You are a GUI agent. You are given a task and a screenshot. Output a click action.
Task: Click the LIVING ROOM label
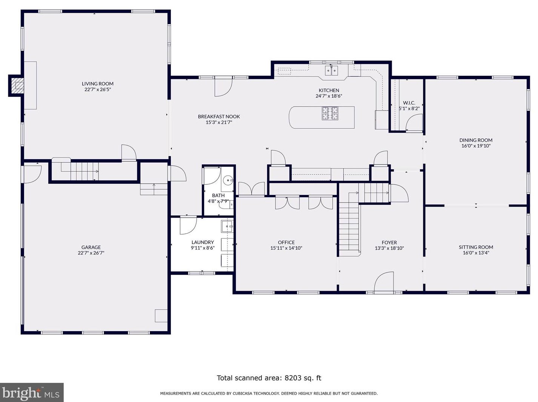pos(98,84)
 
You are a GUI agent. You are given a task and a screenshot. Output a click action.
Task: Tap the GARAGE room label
pos(91,247)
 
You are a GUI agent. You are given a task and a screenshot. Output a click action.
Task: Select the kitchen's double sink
pos(331,71)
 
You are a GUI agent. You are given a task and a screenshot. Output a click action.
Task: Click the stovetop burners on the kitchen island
pos(330,114)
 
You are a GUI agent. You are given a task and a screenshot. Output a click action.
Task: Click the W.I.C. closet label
pos(409,103)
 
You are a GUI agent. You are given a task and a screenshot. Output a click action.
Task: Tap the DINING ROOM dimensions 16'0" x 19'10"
pos(476,146)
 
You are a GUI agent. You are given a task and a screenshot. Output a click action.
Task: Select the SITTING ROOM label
pos(476,247)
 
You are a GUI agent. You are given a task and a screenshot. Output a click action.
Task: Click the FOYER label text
pos(389,242)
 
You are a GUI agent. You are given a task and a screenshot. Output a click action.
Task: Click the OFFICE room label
pos(286,242)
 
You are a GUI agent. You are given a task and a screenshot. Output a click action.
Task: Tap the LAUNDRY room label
pos(203,242)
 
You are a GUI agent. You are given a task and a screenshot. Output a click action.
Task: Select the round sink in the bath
pos(228,180)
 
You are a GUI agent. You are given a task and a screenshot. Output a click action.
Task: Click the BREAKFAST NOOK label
pos(219,117)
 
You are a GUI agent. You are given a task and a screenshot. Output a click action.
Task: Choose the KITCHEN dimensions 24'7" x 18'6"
pos(329,96)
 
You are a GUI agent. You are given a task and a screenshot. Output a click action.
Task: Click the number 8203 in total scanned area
pos(292,378)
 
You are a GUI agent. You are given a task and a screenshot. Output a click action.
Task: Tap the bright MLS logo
pos(31,393)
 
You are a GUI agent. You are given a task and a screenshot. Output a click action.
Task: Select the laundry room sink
pos(227,226)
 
